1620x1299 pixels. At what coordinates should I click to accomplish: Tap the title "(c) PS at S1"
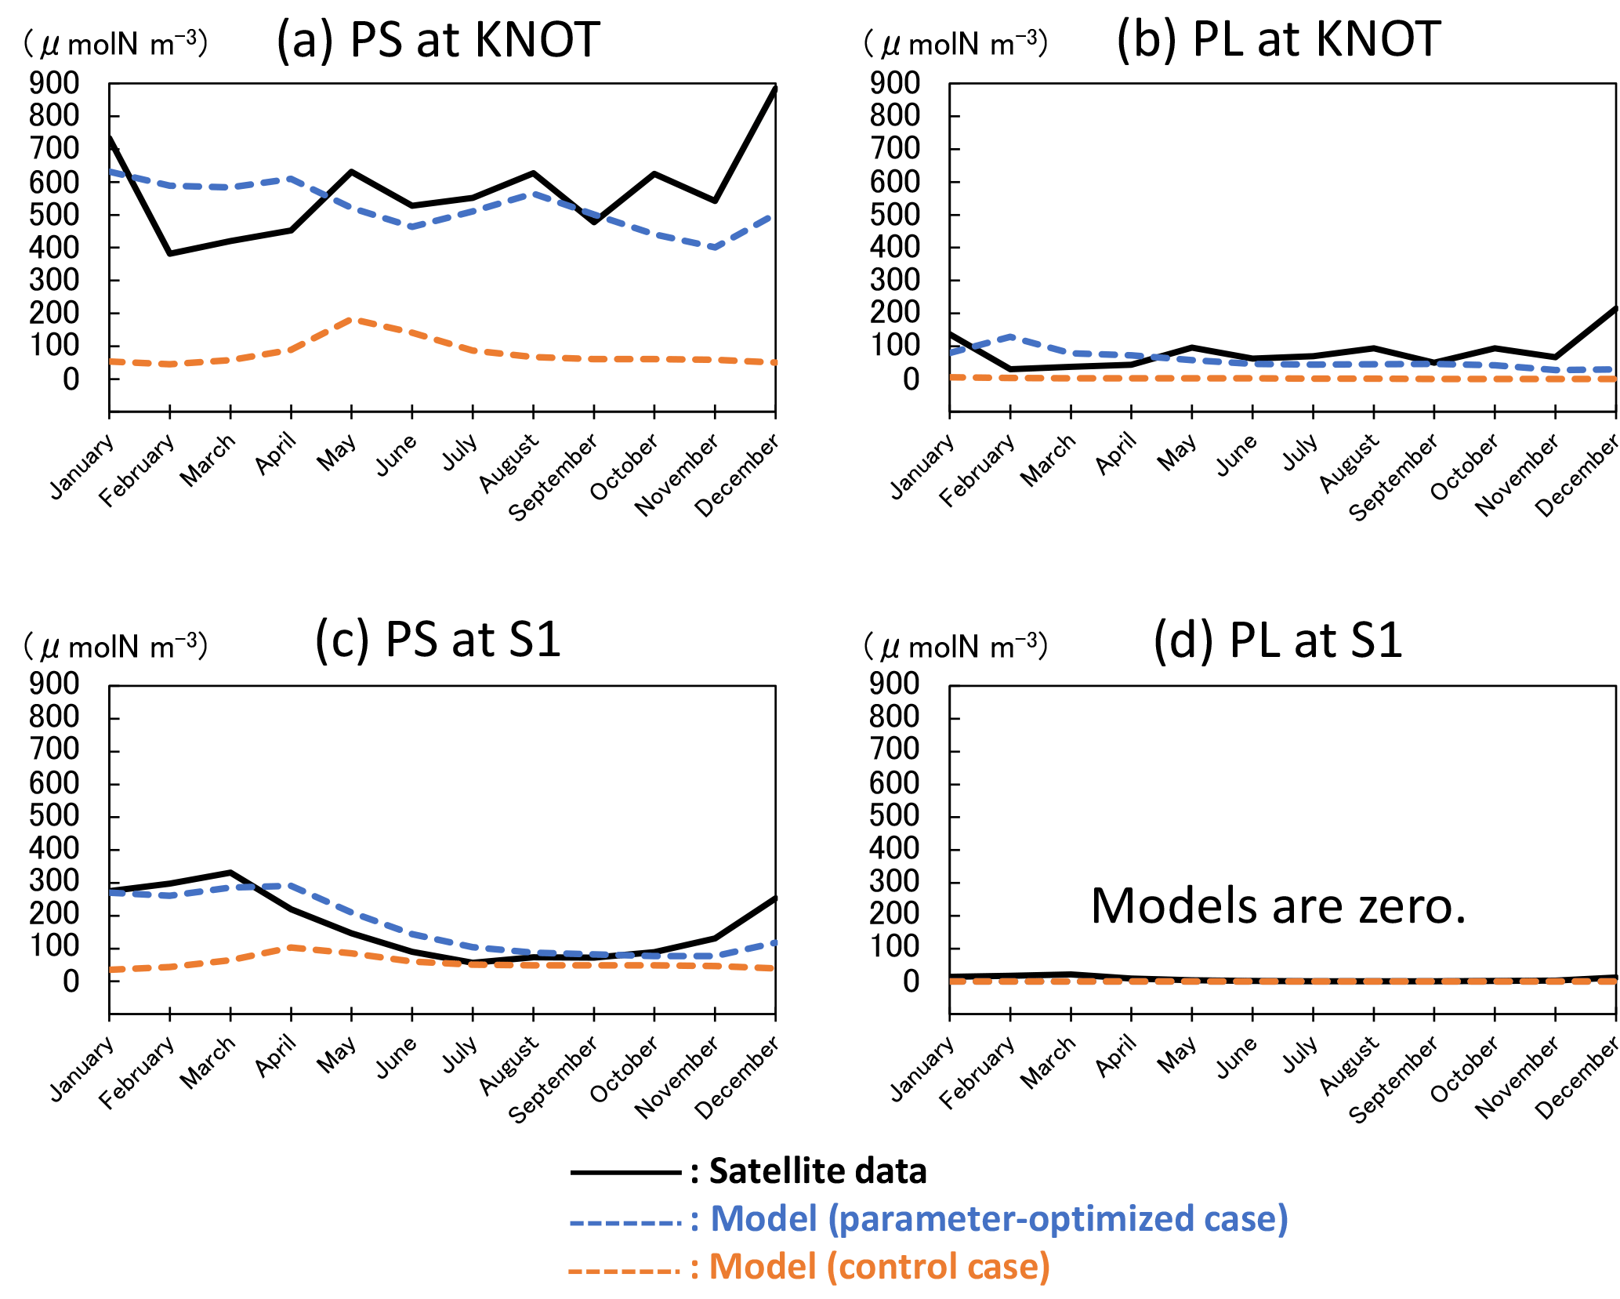(x=438, y=640)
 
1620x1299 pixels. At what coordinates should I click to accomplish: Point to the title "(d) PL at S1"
(x=1278, y=640)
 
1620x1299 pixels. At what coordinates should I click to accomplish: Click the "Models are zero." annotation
(x=1278, y=906)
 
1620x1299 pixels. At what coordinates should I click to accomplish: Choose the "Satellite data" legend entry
(x=817, y=1171)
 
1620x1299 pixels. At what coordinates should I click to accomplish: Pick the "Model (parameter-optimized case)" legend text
(x=998, y=1220)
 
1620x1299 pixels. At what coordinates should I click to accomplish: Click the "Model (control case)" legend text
(x=879, y=1267)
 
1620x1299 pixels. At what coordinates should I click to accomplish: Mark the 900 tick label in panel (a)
(x=54, y=83)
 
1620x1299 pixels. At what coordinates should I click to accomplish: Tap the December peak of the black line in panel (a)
(x=774, y=88)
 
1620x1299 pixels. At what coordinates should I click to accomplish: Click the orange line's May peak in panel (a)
(x=352, y=320)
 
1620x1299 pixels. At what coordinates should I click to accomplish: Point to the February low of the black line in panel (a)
(x=170, y=253)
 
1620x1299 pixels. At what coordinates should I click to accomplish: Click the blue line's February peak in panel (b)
(x=1011, y=336)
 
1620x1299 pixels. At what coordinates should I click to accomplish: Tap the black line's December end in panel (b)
(x=1615, y=308)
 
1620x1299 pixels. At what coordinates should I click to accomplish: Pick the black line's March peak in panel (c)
(x=230, y=872)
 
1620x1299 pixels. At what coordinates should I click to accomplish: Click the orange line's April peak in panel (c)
(x=292, y=947)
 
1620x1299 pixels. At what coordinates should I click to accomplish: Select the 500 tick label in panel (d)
(x=894, y=816)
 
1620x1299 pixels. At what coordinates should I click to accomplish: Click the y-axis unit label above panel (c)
(x=116, y=648)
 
